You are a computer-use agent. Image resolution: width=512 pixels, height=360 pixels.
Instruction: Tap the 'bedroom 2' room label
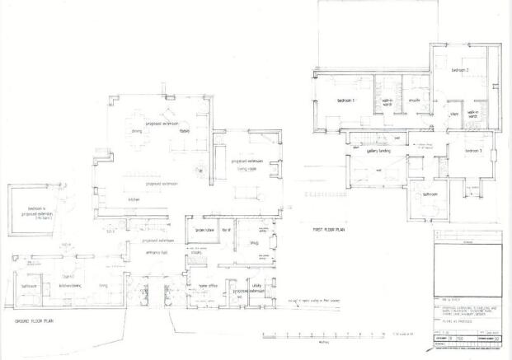pyautogui.click(x=460, y=72)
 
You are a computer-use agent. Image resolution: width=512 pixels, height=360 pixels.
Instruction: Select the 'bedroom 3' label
pyautogui.click(x=473, y=151)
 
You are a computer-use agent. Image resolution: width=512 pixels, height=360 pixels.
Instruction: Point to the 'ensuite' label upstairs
pyautogui.click(x=416, y=100)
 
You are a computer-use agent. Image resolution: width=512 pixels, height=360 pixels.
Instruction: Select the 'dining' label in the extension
pyautogui.click(x=137, y=130)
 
